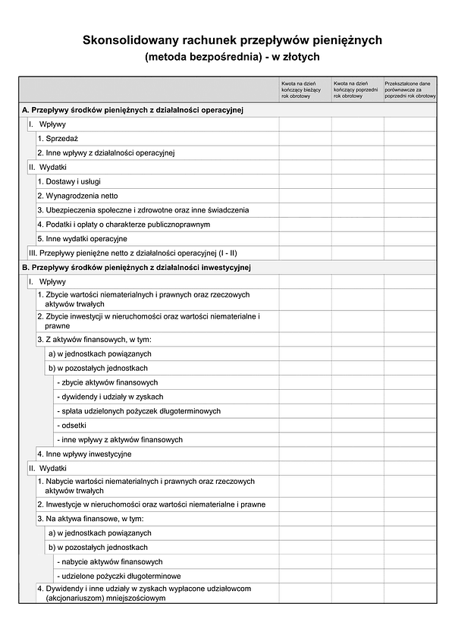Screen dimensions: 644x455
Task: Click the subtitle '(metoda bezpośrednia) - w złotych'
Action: pos(233,56)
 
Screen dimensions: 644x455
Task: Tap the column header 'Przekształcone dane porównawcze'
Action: pos(409,89)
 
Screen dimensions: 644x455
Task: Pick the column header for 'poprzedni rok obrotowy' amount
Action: pos(357,89)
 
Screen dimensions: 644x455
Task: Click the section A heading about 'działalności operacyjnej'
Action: pos(133,110)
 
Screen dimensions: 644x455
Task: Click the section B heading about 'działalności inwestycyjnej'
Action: pos(136,268)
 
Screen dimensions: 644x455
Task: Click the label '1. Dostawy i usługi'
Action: pos(69,181)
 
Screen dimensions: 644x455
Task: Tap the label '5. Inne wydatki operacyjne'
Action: pos(82,239)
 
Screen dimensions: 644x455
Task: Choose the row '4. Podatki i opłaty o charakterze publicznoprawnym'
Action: pos(124,225)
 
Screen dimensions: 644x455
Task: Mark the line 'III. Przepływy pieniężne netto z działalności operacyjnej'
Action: pos(133,253)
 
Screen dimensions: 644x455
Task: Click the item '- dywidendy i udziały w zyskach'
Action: pos(110,397)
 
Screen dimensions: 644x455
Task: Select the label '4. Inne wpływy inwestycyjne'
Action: pos(84,454)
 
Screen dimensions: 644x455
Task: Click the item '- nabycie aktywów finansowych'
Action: pos(109,562)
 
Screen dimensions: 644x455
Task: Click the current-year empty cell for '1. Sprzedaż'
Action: pos(305,138)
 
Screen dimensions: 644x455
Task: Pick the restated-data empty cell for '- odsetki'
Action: pos(409,426)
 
